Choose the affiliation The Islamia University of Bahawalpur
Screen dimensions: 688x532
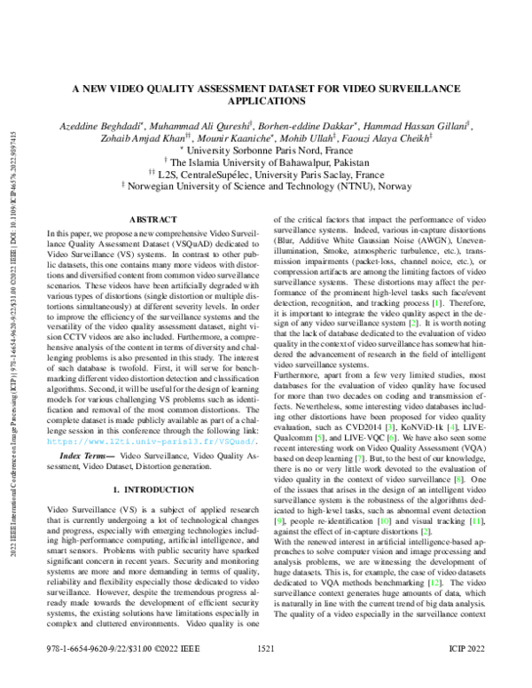pos(267,163)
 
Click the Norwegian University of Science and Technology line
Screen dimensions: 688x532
pos(267,187)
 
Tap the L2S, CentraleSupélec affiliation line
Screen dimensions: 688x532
pos(267,176)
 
